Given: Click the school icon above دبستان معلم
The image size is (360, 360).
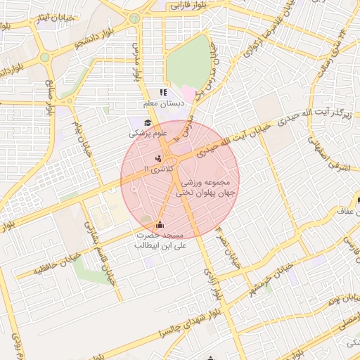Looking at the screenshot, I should (x=163, y=92).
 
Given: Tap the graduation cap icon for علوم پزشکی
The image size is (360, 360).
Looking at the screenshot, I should (x=148, y=122).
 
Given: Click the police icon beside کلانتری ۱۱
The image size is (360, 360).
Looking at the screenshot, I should (x=158, y=159).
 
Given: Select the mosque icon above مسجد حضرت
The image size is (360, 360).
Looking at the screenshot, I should (x=162, y=225).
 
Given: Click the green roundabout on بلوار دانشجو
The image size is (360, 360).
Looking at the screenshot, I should (x=45, y=57).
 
